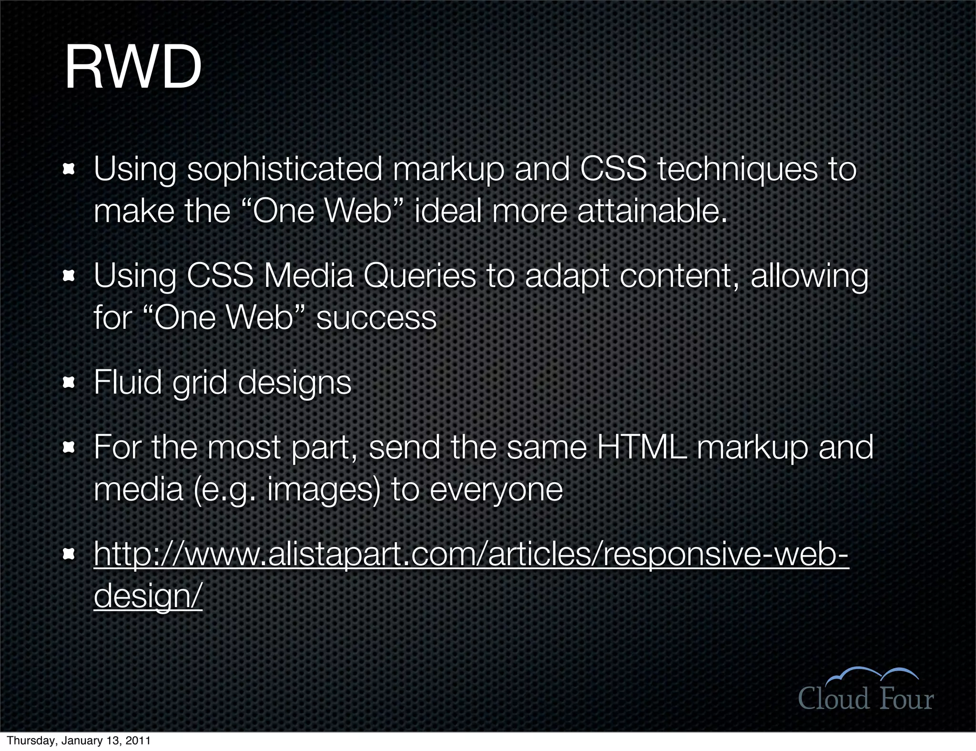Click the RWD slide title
[x=133, y=68]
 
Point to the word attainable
[x=652, y=211]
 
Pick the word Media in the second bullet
[x=309, y=276]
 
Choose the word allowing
[x=809, y=277]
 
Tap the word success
[x=376, y=318]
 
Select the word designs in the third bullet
[x=294, y=383]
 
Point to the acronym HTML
[x=641, y=447]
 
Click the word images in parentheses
[x=324, y=490]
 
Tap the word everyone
[x=496, y=490]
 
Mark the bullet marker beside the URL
[x=70, y=554]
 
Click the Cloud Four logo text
[x=865, y=699]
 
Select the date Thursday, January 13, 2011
[x=79, y=741]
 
